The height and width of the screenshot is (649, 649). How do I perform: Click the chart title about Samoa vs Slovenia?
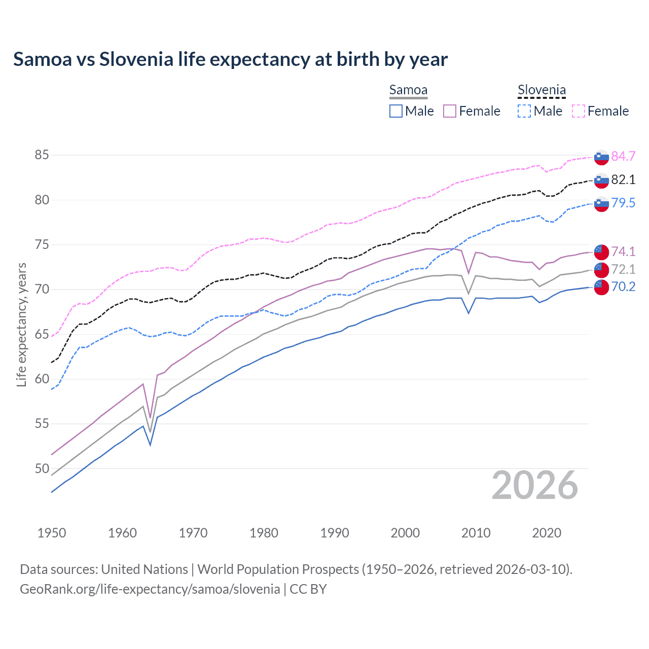[230, 59]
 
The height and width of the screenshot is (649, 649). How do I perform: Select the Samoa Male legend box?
[396, 111]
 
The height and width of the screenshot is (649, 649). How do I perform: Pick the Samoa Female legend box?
[450, 111]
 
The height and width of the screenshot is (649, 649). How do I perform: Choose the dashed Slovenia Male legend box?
[524, 111]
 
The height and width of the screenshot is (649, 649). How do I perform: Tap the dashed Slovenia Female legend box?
[579, 111]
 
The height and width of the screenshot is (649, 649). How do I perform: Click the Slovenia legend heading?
[542, 90]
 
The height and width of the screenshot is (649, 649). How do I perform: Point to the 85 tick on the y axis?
[42, 155]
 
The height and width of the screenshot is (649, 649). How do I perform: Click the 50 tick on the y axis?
[42, 468]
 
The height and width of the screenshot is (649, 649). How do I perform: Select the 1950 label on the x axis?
[52, 533]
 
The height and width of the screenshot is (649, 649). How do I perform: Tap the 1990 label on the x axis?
[335, 533]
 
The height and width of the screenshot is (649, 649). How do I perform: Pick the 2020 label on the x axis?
[547, 533]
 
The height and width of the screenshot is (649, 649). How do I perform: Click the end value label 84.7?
[623, 156]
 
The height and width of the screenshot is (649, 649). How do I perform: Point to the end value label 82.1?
[623, 179]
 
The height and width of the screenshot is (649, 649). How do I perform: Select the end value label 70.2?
[623, 286]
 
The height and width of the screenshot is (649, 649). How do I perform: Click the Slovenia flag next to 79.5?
[601, 204]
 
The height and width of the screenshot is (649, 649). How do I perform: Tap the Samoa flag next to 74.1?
[601, 252]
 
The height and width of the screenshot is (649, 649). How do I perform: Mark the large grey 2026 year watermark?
[535, 485]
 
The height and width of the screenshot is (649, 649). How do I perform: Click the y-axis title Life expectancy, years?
[22, 324]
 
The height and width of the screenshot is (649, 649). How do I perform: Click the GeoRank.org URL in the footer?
[150, 589]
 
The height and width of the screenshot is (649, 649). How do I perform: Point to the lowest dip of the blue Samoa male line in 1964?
[150, 445]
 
